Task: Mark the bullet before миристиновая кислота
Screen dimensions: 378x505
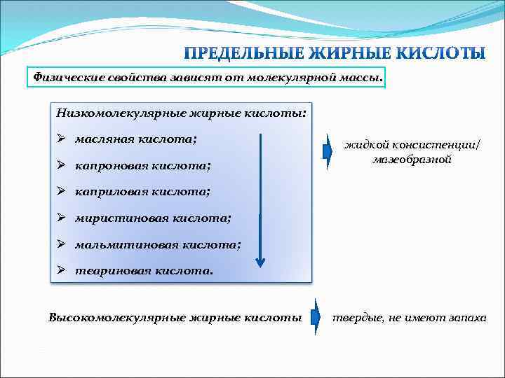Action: [x=62, y=218]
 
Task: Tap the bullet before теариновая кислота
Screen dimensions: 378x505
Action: [x=62, y=270]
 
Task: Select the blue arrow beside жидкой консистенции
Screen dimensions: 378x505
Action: [x=327, y=152]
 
